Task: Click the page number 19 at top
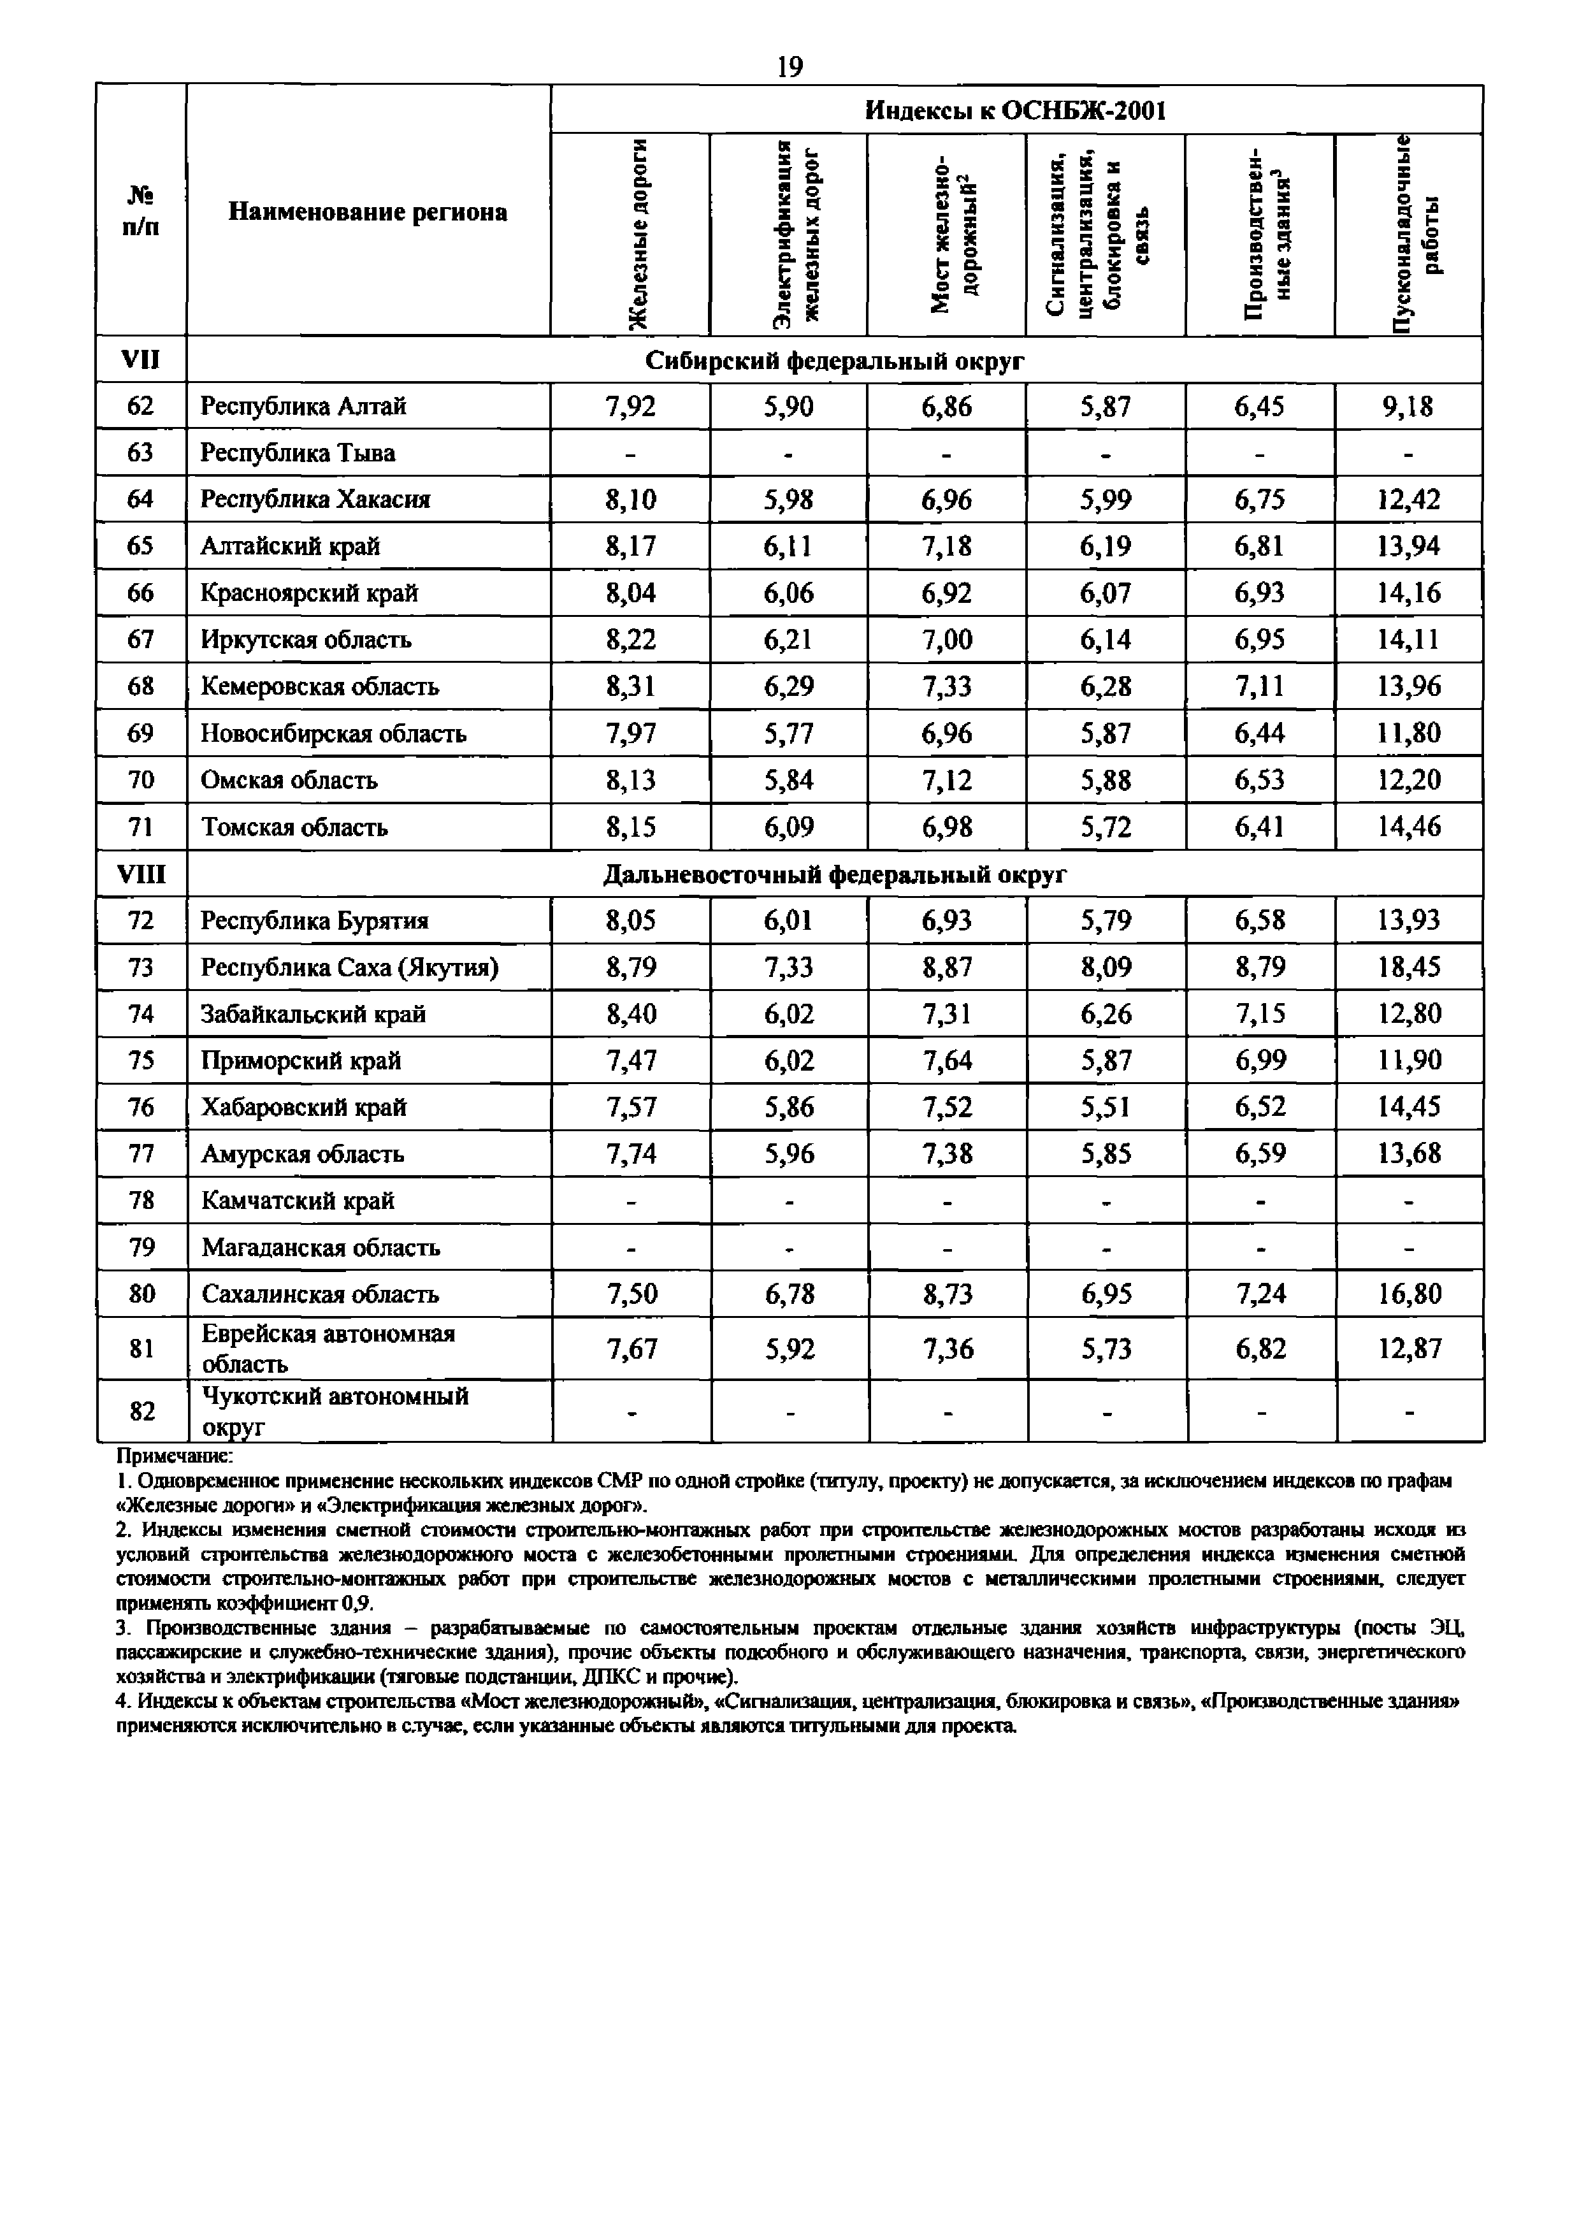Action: coord(789,66)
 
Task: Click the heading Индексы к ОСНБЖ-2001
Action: coord(1015,110)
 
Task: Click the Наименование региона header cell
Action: coord(367,212)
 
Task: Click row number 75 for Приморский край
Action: coord(141,1060)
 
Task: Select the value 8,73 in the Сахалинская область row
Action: coord(946,1294)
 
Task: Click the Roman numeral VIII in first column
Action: coord(141,875)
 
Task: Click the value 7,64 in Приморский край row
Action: coord(946,1060)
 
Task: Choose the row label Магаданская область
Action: coord(321,1247)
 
